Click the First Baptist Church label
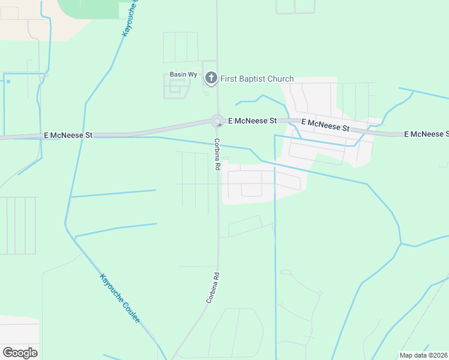258,79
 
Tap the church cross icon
211,78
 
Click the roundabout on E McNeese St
217,121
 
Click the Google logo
20,352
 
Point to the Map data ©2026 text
423,355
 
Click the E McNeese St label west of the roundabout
68,136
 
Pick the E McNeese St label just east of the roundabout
252,121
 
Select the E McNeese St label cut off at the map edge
426,134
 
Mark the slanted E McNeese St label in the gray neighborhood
325,125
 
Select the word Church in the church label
280,79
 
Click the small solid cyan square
8,82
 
